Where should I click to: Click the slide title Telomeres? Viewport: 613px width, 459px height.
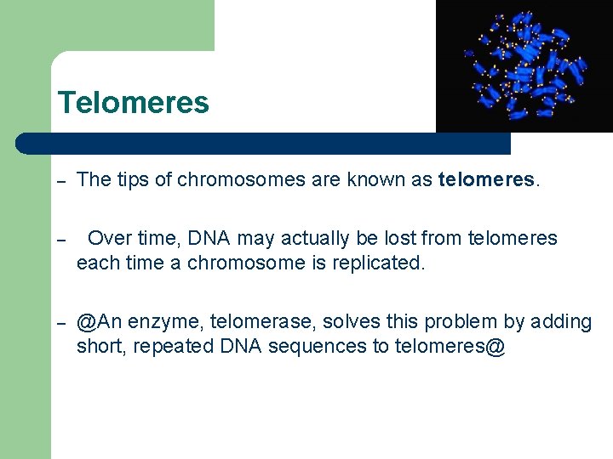[133, 103]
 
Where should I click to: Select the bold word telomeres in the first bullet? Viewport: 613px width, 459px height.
[487, 179]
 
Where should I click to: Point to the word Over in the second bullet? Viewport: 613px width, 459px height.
[109, 239]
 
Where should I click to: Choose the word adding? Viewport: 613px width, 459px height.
[560, 323]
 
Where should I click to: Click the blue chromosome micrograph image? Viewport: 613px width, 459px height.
[524, 65]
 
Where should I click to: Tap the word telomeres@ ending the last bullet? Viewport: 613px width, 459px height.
[450, 348]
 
